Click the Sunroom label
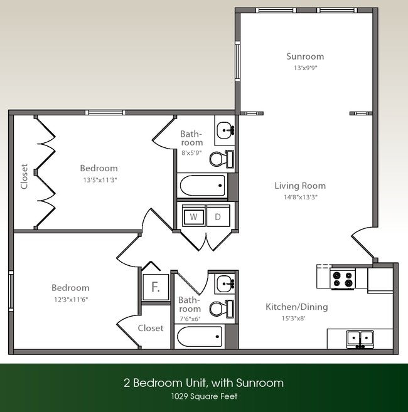pyautogui.click(x=305, y=56)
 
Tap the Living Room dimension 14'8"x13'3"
pyautogui.click(x=300, y=197)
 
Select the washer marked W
pyautogui.click(x=194, y=217)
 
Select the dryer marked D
pyautogui.click(x=218, y=217)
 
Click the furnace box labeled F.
pyautogui.click(x=154, y=289)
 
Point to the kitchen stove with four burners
pyautogui.click(x=343, y=279)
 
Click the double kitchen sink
pyautogui.click(x=360, y=339)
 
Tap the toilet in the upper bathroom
pyautogui.click(x=220, y=159)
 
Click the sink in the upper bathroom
pyautogui.click(x=224, y=131)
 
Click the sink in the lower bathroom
pyautogui.click(x=224, y=285)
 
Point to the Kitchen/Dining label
pyautogui.click(x=296, y=307)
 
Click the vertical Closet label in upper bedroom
pyautogui.click(x=24, y=176)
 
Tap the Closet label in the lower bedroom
pyautogui.click(x=150, y=328)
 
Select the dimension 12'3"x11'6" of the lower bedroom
pyautogui.click(x=70, y=299)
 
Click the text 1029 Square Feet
pyautogui.click(x=203, y=396)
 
